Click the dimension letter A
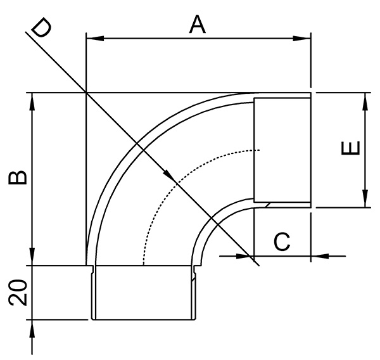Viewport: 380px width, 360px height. [x=198, y=25]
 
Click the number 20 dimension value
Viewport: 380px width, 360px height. [x=18, y=294]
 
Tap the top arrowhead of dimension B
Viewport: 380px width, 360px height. [x=31, y=101]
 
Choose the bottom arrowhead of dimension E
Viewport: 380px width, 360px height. [x=365, y=200]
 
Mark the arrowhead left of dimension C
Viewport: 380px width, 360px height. [x=245, y=256]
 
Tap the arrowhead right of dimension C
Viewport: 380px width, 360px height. [x=318, y=256]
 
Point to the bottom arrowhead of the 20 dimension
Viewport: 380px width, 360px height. [x=31, y=328]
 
